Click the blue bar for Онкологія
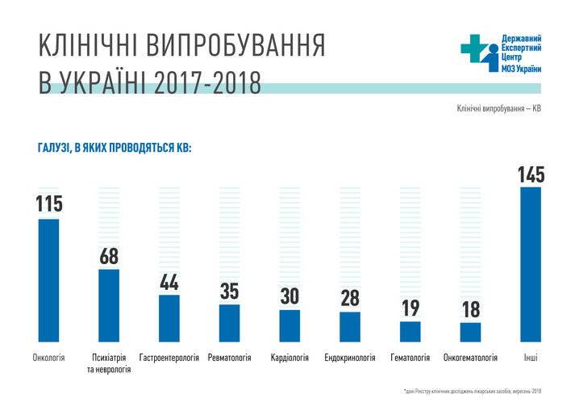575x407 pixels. (x=48, y=280)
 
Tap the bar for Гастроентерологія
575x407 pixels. (x=169, y=318)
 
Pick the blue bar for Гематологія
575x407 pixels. (x=410, y=331)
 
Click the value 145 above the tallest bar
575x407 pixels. (x=531, y=174)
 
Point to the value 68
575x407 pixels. (x=110, y=256)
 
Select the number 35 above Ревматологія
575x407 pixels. (x=229, y=292)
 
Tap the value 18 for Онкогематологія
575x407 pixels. (x=470, y=310)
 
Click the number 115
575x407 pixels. (x=48, y=204)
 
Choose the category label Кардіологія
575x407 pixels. (x=290, y=356)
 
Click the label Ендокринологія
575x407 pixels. (x=350, y=356)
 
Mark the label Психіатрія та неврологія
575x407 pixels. (x=109, y=362)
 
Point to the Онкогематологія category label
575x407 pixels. (x=470, y=356)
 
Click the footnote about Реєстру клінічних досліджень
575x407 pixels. (x=473, y=391)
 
